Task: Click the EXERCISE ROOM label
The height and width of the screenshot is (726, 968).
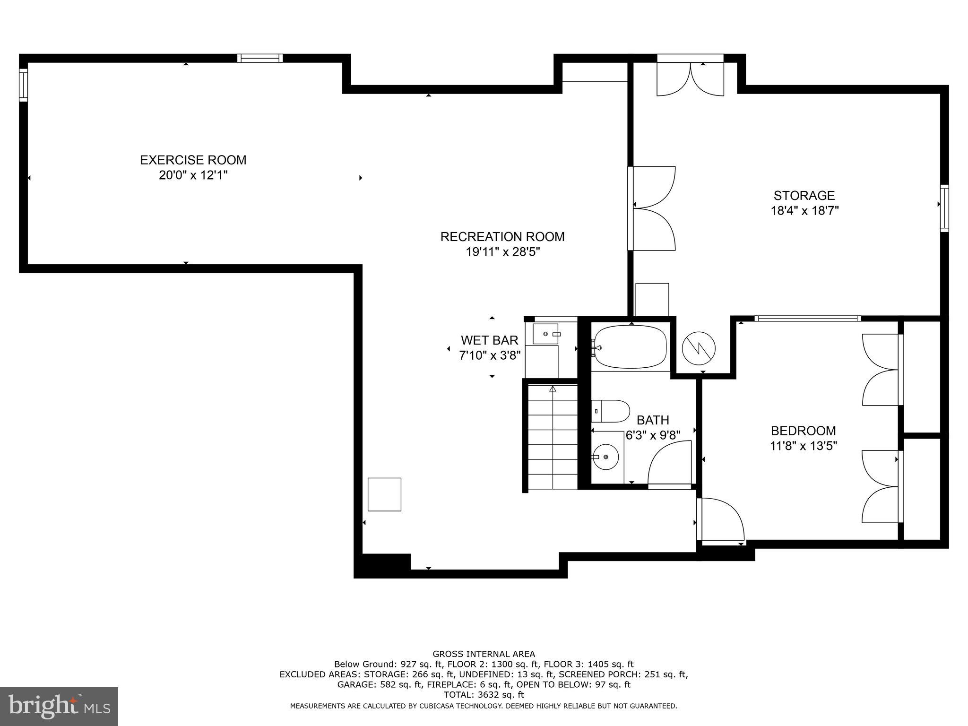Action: [193, 160]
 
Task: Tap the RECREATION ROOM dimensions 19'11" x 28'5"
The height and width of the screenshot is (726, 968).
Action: [502, 252]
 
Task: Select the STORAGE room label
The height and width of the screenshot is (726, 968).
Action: [804, 195]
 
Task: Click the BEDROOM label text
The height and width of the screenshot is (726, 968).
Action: [803, 431]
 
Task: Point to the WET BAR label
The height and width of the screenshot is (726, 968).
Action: [489, 340]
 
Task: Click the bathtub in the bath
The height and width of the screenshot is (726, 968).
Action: [630, 347]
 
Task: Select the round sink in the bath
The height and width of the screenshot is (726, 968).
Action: [607, 457]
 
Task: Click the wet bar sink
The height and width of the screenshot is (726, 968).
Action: [545, 334]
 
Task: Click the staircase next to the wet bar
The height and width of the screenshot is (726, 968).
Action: [552, 437]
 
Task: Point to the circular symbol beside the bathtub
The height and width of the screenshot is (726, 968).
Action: [699, 348]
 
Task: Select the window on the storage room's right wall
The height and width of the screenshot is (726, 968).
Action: [944, 208]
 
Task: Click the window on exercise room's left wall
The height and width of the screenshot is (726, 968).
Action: [23, 85]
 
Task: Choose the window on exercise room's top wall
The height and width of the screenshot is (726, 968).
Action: [259, 58]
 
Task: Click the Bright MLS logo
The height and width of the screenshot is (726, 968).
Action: [59, 706]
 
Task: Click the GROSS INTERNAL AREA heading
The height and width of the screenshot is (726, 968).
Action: [484, 654]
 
